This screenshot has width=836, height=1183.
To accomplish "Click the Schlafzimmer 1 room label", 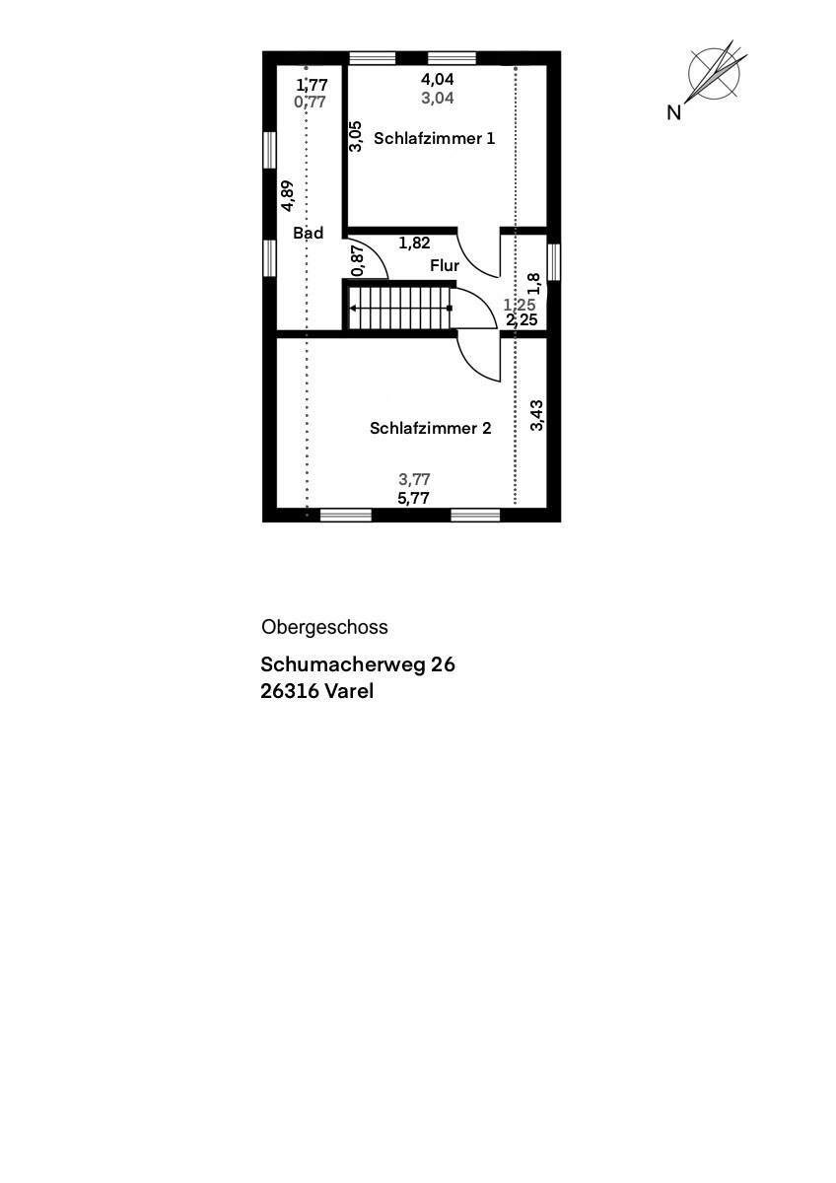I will coord(435,139).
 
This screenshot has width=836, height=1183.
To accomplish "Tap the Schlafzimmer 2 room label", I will coord(430,428).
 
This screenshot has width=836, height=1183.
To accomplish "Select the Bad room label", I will coord(309,234).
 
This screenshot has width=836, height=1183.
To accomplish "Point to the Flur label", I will coord(445,266).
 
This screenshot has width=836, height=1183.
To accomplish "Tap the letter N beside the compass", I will coord(674,113).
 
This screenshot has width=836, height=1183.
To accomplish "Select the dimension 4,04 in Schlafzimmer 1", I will coord(438,79).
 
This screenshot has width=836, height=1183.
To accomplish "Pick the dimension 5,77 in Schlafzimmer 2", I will coord(414,499).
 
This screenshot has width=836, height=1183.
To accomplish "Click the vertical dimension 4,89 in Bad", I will coord(287,195).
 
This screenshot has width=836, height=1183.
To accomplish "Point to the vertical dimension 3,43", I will coord(536,415).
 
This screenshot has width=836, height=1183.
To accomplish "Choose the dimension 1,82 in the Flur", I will coord(414,243).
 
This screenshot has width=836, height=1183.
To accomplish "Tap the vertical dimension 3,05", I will coord(356,135).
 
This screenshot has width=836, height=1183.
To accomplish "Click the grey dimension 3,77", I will coord(414,480).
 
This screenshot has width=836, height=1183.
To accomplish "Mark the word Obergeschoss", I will coord(324,627).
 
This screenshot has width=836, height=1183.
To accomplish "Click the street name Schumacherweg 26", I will coord(358,665).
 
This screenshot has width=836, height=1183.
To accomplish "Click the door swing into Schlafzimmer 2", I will coord(480,358).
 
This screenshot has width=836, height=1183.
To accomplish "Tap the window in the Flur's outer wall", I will coord(554,261).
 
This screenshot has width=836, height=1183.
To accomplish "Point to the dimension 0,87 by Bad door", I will coord(357,258).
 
